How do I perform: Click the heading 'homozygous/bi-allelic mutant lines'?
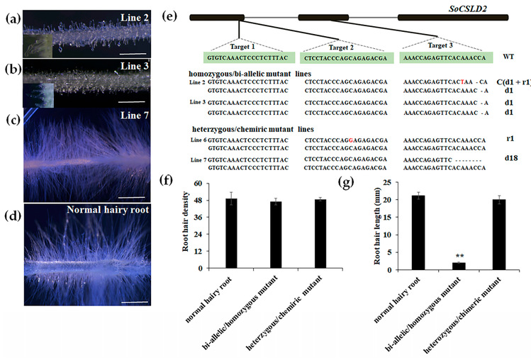click(248, 74)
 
